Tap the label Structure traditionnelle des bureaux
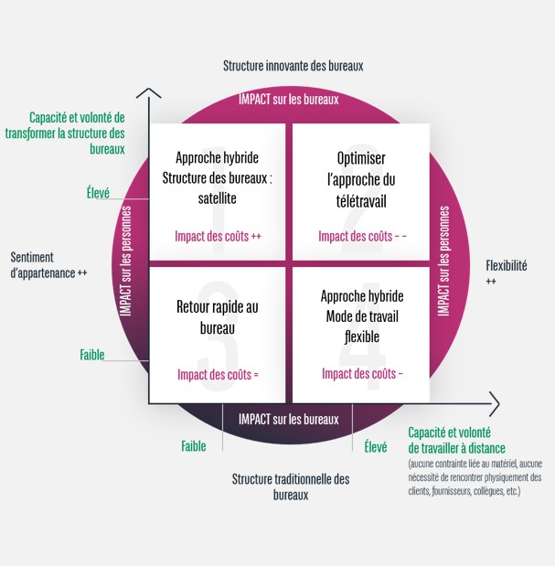point(291,486)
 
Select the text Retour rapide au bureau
point(216,316)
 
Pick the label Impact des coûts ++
point(219,236)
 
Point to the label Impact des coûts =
point(219,374)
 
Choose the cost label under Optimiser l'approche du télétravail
point(362,236)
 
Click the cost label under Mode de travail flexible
point(362,374)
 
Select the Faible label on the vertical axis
point(92,355)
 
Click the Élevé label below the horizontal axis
point(375,447)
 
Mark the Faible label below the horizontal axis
point(193,447)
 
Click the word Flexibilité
point(507,266)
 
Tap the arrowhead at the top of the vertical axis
point(148,91)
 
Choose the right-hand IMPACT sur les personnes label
point(443,262)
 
